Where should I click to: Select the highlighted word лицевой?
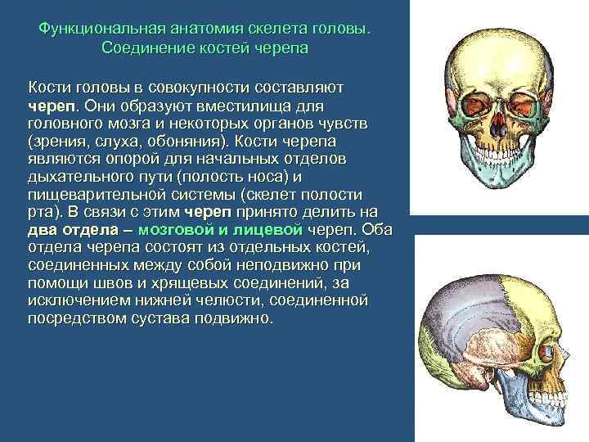[272, 230]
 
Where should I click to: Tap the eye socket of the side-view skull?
[542, 352]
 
